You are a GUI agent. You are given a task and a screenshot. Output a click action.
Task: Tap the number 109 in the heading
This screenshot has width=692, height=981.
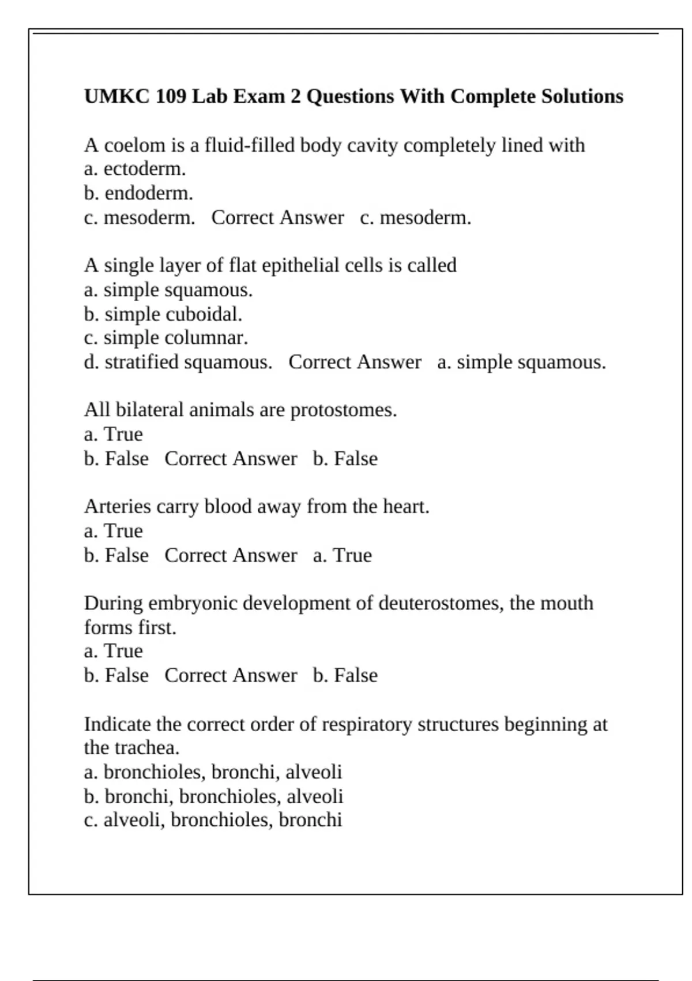(171, 96)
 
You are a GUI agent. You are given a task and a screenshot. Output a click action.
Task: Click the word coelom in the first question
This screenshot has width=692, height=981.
(134, 145)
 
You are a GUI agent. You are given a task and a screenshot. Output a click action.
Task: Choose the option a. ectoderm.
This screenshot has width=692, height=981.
(135, 169)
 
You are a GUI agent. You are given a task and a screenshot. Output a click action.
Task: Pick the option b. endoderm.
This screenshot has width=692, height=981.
(138, 193)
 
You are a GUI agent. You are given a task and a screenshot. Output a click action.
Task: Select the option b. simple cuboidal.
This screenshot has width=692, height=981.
(163, 314)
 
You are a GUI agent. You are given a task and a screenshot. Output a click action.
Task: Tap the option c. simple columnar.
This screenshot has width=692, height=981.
(166, 338)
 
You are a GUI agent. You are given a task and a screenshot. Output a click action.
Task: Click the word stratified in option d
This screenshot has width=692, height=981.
(142, 362)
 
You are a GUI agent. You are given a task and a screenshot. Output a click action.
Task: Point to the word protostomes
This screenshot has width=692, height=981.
(344, 410)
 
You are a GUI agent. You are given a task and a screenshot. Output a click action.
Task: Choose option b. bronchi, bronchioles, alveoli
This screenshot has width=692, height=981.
(213, 797)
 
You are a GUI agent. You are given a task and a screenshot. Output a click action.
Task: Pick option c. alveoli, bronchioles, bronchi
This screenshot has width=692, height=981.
(213, 821)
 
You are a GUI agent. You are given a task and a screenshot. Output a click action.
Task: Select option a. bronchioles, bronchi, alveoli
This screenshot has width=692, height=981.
(213, 773)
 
